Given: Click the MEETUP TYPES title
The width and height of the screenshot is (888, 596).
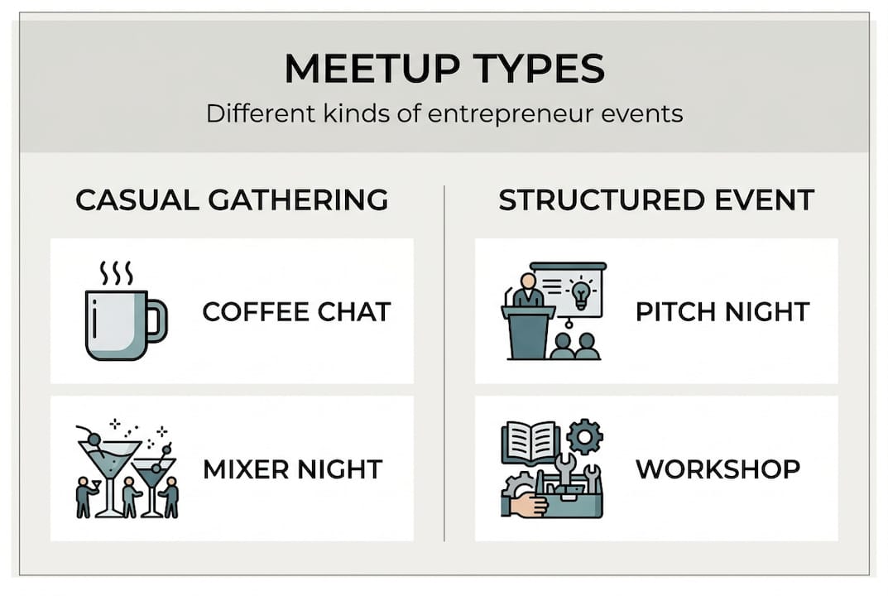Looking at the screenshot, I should point(444,70).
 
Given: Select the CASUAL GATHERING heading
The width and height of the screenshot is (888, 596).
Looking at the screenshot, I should point(232,200).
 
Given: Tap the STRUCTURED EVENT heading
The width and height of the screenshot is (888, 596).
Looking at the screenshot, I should point(656,200).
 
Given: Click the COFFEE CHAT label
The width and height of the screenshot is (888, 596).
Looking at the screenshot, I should point(296,312).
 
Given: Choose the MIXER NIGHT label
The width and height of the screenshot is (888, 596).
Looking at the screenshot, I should point(292,469).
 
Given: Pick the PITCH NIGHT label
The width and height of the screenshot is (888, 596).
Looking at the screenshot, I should point(722,312).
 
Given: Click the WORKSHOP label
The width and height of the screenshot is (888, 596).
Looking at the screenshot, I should point(718,469).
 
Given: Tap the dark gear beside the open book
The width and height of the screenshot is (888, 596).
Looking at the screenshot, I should point(584,436).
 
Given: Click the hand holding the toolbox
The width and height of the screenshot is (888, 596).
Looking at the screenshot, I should point(526,502).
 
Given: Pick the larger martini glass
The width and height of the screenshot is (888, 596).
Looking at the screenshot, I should point(109,464).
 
